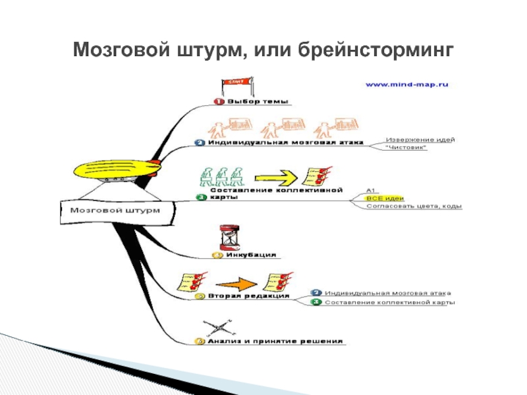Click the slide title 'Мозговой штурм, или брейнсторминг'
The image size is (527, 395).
pos(263,49)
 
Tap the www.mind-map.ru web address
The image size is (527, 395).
pos(406,84)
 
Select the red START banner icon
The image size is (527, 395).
pos(235,84)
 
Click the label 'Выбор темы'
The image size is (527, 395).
pos(258,101)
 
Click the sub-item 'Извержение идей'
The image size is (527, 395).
pos(420,139)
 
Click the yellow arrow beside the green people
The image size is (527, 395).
pos(274,177)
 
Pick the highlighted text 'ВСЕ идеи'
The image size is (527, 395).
pos(384,197)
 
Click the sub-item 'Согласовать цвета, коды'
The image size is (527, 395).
pos(414,206)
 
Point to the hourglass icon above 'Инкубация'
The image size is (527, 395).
pos(227,236)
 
